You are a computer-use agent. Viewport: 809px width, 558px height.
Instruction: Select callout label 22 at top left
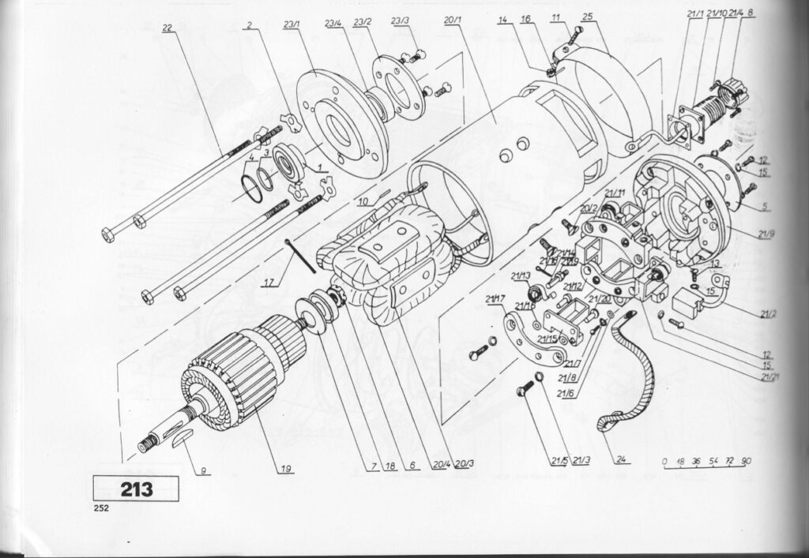[167, 28]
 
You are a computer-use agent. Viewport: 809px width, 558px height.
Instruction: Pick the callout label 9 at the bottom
[203, 471]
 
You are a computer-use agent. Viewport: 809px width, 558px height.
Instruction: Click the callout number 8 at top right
[750, 13]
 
